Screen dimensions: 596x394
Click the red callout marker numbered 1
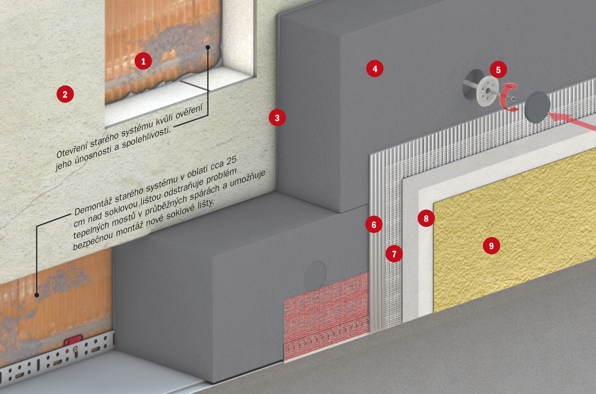[x=143, y=61]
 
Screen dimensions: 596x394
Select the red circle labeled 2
[x=65, y=94]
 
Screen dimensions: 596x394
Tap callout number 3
[x=277, y=118]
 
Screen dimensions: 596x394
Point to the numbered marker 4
[x=375, y=69]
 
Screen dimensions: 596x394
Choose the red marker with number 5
[x=498, y=70]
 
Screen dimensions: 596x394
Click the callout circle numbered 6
[x=374, y=225]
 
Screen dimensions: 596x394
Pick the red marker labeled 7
[x=394, y=254]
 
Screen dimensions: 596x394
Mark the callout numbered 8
[x=426, y=218]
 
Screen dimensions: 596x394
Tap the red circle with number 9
[x=491, y=246]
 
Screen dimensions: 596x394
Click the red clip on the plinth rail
[x=73, y=340]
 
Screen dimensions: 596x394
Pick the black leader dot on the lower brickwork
[x=37, y=295]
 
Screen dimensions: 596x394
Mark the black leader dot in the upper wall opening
[x=208, y=47]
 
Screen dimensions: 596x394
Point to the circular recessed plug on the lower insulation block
[x=315, y=276]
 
